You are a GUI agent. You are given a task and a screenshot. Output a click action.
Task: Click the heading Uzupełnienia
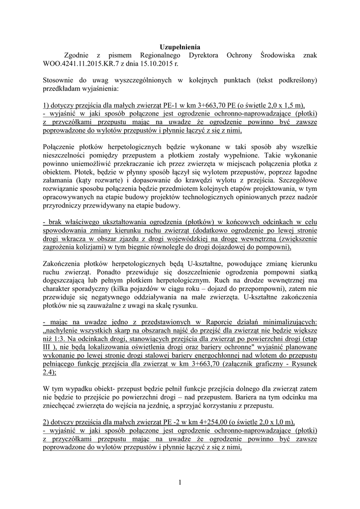pyautogui.click(x=180, y=47)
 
